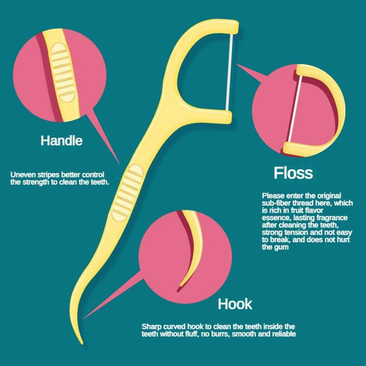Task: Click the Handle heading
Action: [62, 141]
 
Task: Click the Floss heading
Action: [293, 173]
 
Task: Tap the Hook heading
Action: [235, 304]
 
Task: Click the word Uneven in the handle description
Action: [23, 174]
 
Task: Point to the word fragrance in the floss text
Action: [332, 218]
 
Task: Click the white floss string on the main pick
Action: [229, 72]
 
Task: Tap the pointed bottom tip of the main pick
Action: [82, 343]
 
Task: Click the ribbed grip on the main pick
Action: [128, 192]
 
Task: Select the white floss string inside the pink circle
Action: [295, 108]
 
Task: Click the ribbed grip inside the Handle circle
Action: [63, 72]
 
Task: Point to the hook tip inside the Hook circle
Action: [180, 286]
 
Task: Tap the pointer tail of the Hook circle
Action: [112, 296]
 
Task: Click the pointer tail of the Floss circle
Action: [251, 73]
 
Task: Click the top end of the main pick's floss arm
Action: [233, 27]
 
